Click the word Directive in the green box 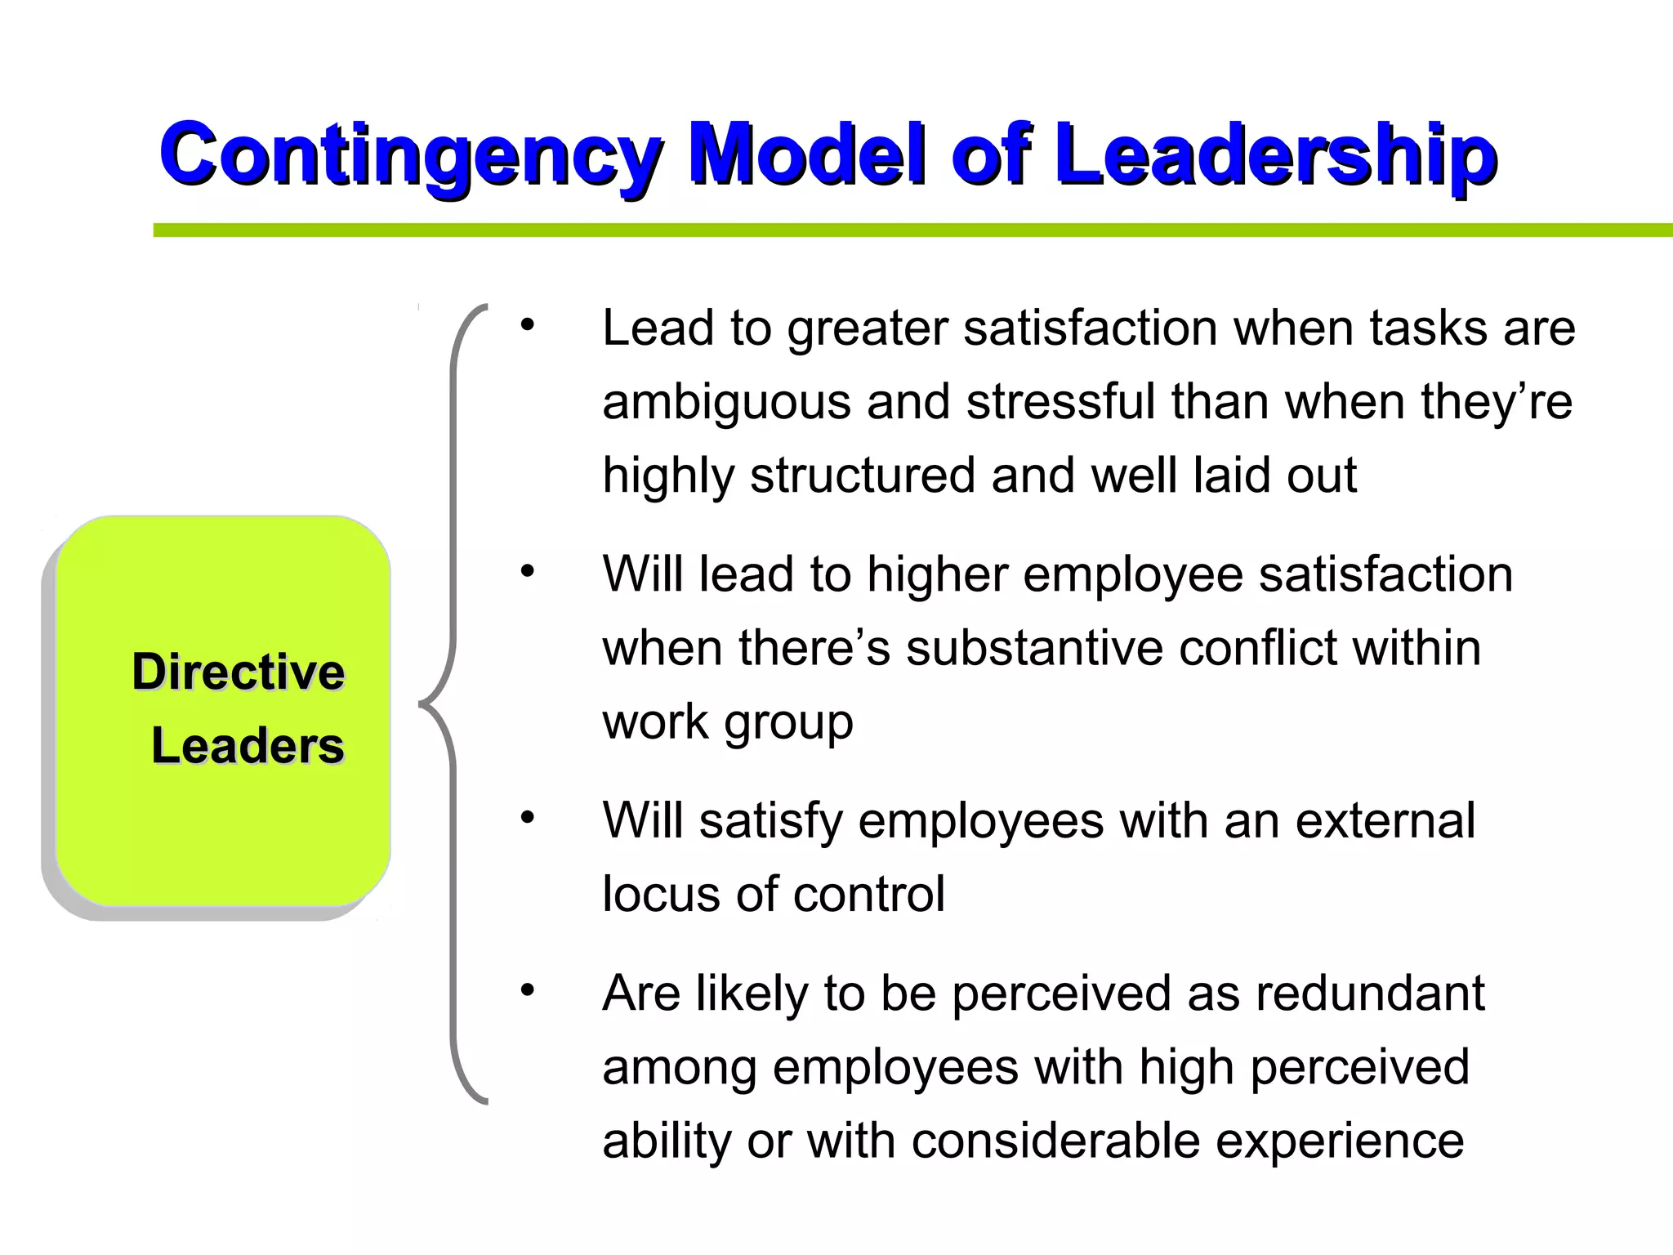point(239,672)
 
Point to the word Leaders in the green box point(248,745)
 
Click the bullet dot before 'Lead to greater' point(528,324)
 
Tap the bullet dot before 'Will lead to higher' point(528,570)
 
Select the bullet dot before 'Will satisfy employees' point(528,817)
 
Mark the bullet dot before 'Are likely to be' point(528,990)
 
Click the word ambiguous point(726,403)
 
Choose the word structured point(863,476)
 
